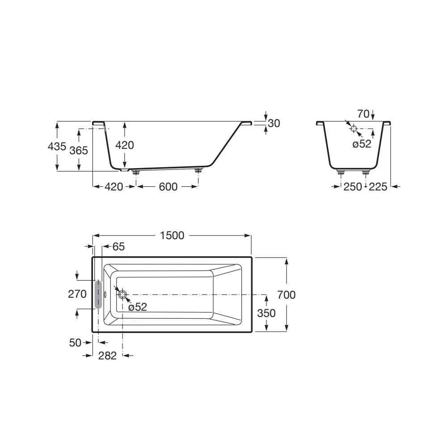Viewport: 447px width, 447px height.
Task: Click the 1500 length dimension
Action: [x=172, y=236]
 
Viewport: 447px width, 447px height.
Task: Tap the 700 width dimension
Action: [x=286, y=295]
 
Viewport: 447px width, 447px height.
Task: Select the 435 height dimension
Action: [x=57, y=146]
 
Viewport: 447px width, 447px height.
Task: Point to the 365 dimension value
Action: [x=79, y=150]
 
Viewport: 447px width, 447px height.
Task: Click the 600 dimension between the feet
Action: [x=168, y=187]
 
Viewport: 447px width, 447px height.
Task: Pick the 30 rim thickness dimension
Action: [x=274, y=123]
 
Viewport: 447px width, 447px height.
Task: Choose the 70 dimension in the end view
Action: [x=363, y=114]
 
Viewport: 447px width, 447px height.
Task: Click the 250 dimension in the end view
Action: [x=353, y=187]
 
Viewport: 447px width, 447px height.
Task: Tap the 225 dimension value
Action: [x=378, y=187]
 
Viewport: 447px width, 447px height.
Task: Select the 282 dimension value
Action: [x=107, y=355]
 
